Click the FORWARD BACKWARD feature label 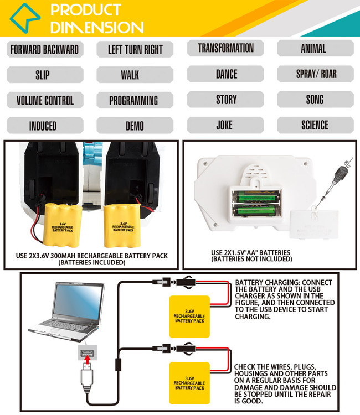(x=44, y=49)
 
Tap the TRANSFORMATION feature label (x=226, y=48)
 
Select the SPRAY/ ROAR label (x=315, y=74)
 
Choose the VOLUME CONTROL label (x=44, y=100)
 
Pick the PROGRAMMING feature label (x=133, y=100)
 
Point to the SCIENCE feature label (x=315, y=125)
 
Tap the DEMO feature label (x=134, y=126)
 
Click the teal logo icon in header (x=25, y=18)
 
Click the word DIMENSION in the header (x=97, y=27)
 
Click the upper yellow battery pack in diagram (x=189, y=314)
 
